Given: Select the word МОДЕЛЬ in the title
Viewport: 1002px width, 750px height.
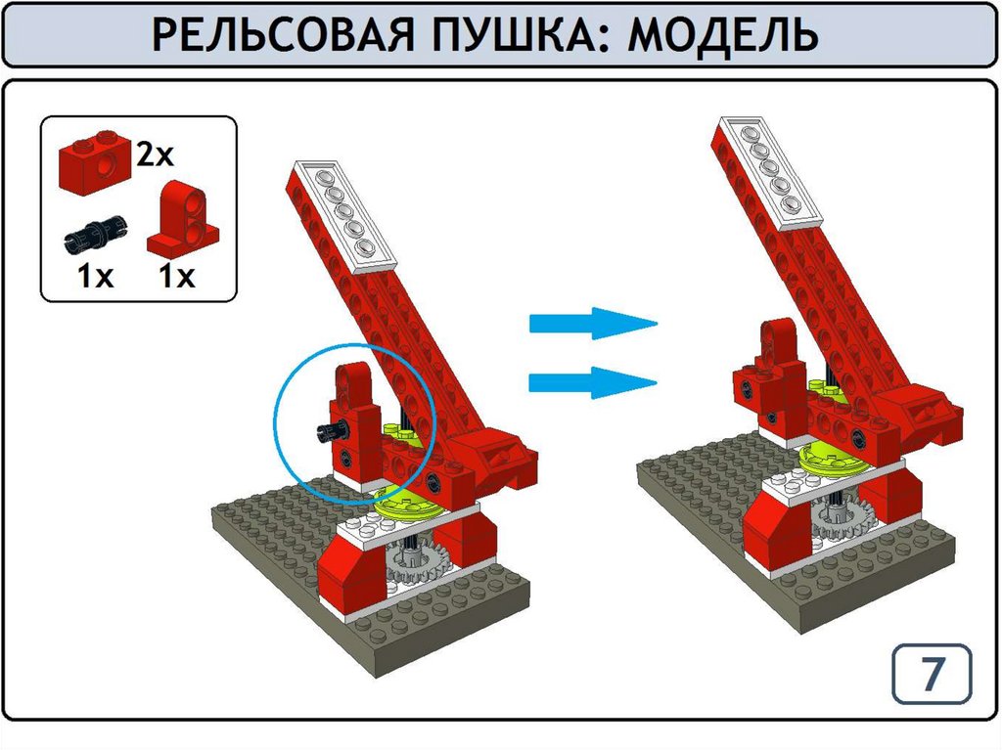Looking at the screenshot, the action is (x=723, y=35).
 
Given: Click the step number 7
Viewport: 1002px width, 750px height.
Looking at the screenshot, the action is (x=932, y=673).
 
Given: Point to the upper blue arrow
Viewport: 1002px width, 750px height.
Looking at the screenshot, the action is (x=593, y=324).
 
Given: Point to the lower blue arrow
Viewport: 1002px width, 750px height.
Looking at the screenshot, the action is (x=593, y=382).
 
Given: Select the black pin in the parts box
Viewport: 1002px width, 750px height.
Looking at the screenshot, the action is (x=96, y=234).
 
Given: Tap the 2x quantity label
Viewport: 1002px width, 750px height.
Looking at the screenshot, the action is (x=155, y=154).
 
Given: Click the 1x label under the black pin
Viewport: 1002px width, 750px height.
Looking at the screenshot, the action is (x=95, y=277).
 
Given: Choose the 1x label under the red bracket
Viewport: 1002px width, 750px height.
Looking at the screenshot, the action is (x=176, y=277).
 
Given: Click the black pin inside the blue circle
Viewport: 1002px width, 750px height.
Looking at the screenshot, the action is (x=334, y=432).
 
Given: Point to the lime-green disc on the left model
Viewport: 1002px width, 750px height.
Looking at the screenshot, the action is (x=409, y=503).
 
